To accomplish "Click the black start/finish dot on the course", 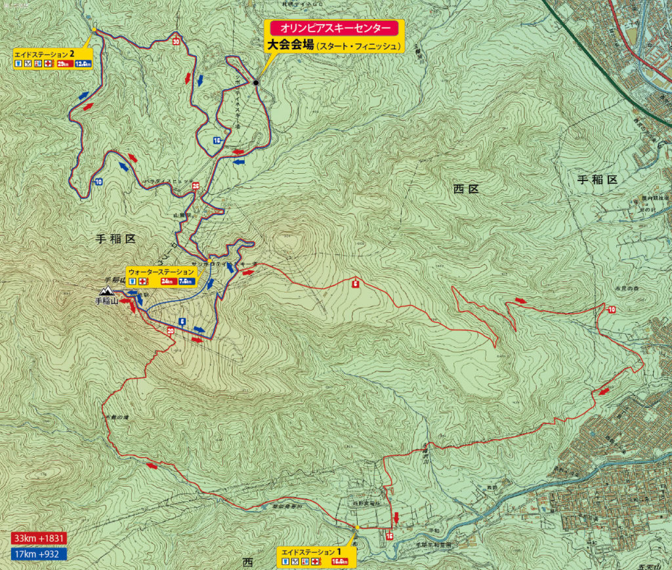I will (256, 83).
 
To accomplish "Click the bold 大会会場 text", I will (289, 45).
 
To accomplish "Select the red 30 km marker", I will (176, 41).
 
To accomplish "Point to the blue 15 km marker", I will (216, 140).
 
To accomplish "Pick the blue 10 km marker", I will (98, 182).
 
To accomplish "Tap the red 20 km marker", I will (171, 332).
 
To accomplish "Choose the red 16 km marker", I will (390, 536).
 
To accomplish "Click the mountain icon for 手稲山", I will (106, 291).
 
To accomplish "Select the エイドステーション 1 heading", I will (310, 552).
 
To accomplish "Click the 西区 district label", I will (467, 189).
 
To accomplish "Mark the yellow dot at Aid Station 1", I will (357, 527).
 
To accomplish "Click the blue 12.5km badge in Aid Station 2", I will (83, 64).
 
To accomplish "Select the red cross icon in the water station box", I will (142, 281).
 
